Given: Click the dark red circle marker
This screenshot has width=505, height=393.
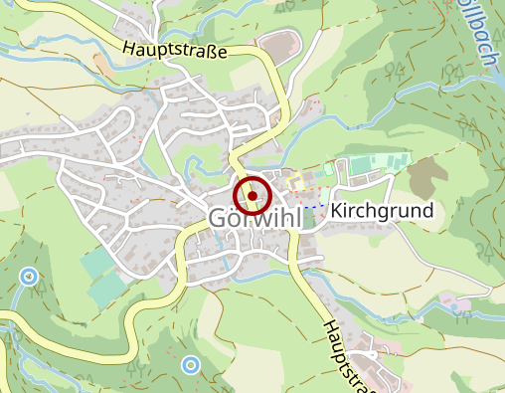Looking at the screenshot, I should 252,195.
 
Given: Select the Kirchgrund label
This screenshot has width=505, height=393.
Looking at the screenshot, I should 383,211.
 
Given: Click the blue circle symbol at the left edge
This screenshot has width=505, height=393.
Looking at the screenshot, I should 29,276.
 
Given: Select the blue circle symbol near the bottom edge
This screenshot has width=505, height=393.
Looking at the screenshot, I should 190,365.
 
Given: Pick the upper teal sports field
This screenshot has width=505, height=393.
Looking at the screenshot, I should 97,262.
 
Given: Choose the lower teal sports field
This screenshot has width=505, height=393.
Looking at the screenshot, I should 106,290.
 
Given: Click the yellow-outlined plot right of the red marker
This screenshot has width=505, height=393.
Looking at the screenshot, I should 294,182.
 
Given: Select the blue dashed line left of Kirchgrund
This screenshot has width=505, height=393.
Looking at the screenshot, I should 314,206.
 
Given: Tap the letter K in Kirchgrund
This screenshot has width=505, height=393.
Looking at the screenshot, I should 338,211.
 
